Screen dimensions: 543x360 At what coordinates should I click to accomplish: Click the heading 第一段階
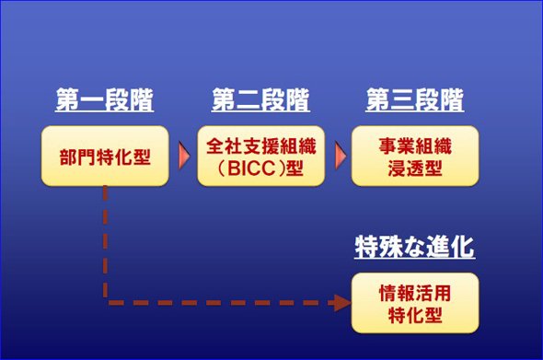coord(104,99)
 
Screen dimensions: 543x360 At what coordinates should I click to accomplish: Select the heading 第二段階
coord(260,99)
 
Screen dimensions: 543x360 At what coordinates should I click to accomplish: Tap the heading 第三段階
coord(415,99)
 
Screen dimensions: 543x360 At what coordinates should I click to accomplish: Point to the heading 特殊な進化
coord(415,247)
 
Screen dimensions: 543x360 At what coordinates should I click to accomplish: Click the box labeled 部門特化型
coord(105,156)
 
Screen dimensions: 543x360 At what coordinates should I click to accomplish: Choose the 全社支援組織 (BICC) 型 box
coord(260,156)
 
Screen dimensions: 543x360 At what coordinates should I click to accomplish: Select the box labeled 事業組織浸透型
coord(415,156)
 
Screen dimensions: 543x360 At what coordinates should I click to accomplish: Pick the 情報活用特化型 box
coord(415,303)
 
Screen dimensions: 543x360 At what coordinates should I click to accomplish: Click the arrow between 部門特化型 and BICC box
coord(184,156)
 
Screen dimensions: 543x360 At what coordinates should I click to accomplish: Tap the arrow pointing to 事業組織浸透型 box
coord(341,156)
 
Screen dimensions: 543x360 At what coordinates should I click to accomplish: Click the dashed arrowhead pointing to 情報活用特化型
coord(342,303)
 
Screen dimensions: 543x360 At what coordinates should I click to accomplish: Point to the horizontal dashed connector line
coord(222,303)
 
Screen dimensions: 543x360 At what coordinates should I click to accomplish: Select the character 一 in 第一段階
coord(92,99)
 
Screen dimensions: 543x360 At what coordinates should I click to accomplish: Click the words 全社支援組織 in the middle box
coord(260,145)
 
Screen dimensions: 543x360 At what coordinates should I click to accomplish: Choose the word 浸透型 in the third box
coord(415,168)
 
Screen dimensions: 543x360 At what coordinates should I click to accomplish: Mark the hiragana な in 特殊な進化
coord(414,247)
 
